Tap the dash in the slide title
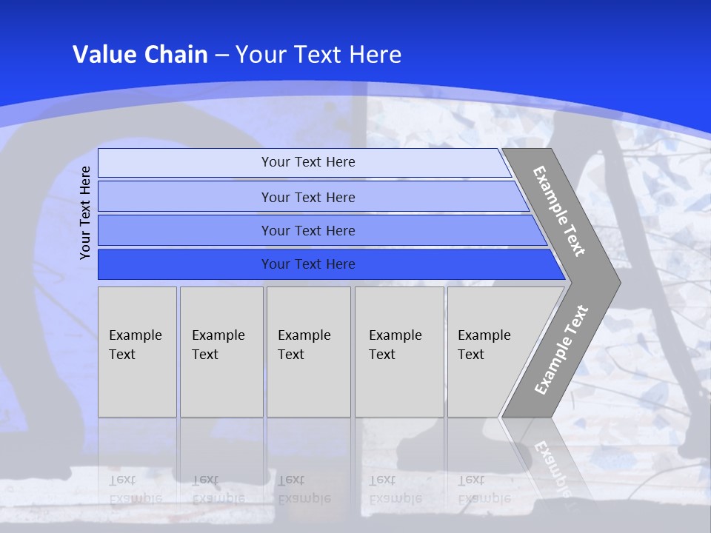(x=222, y=56)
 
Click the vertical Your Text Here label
(x=85, y=212)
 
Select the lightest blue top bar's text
(x=308, y=162)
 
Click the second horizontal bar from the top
(x=308, y=197)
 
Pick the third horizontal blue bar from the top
(x=308, y=230)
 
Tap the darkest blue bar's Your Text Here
(x=308, y=264)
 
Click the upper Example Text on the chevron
(x=560, y=211)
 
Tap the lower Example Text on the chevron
(x=561, y=349)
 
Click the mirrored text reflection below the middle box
(x=304, y=489)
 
